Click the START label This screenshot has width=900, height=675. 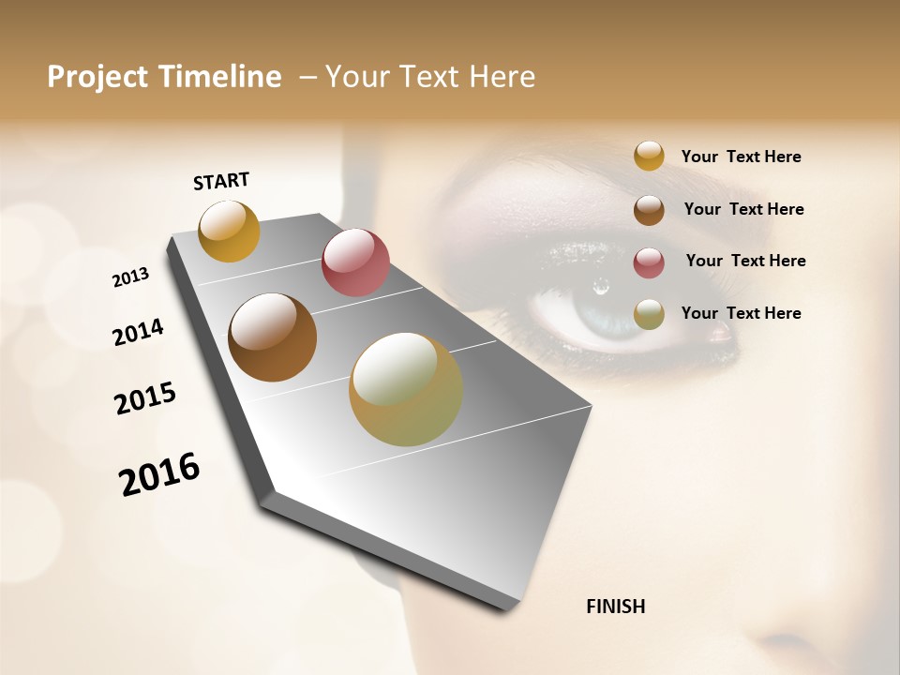(221, 181)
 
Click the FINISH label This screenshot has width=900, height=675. (615, 607)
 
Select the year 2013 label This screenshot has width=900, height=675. (130, 277)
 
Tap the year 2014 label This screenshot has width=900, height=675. (138, 333)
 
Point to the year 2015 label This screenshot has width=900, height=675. (145, 398)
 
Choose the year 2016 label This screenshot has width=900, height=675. (159, 474)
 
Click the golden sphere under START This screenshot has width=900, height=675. (229, 231)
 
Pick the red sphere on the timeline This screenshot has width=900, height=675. (355, 262)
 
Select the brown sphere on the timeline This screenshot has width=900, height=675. (272, 337)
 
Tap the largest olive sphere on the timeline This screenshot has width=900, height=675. (406, 389)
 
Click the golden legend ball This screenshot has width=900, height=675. (649, 156)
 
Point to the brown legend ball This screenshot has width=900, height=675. (649, 210)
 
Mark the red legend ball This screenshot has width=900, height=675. (649, 262)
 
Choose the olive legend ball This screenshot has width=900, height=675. (649, 314)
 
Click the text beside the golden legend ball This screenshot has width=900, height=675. (741, 157)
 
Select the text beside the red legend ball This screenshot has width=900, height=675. (745, 261)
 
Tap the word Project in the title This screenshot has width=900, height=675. (97, 77)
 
